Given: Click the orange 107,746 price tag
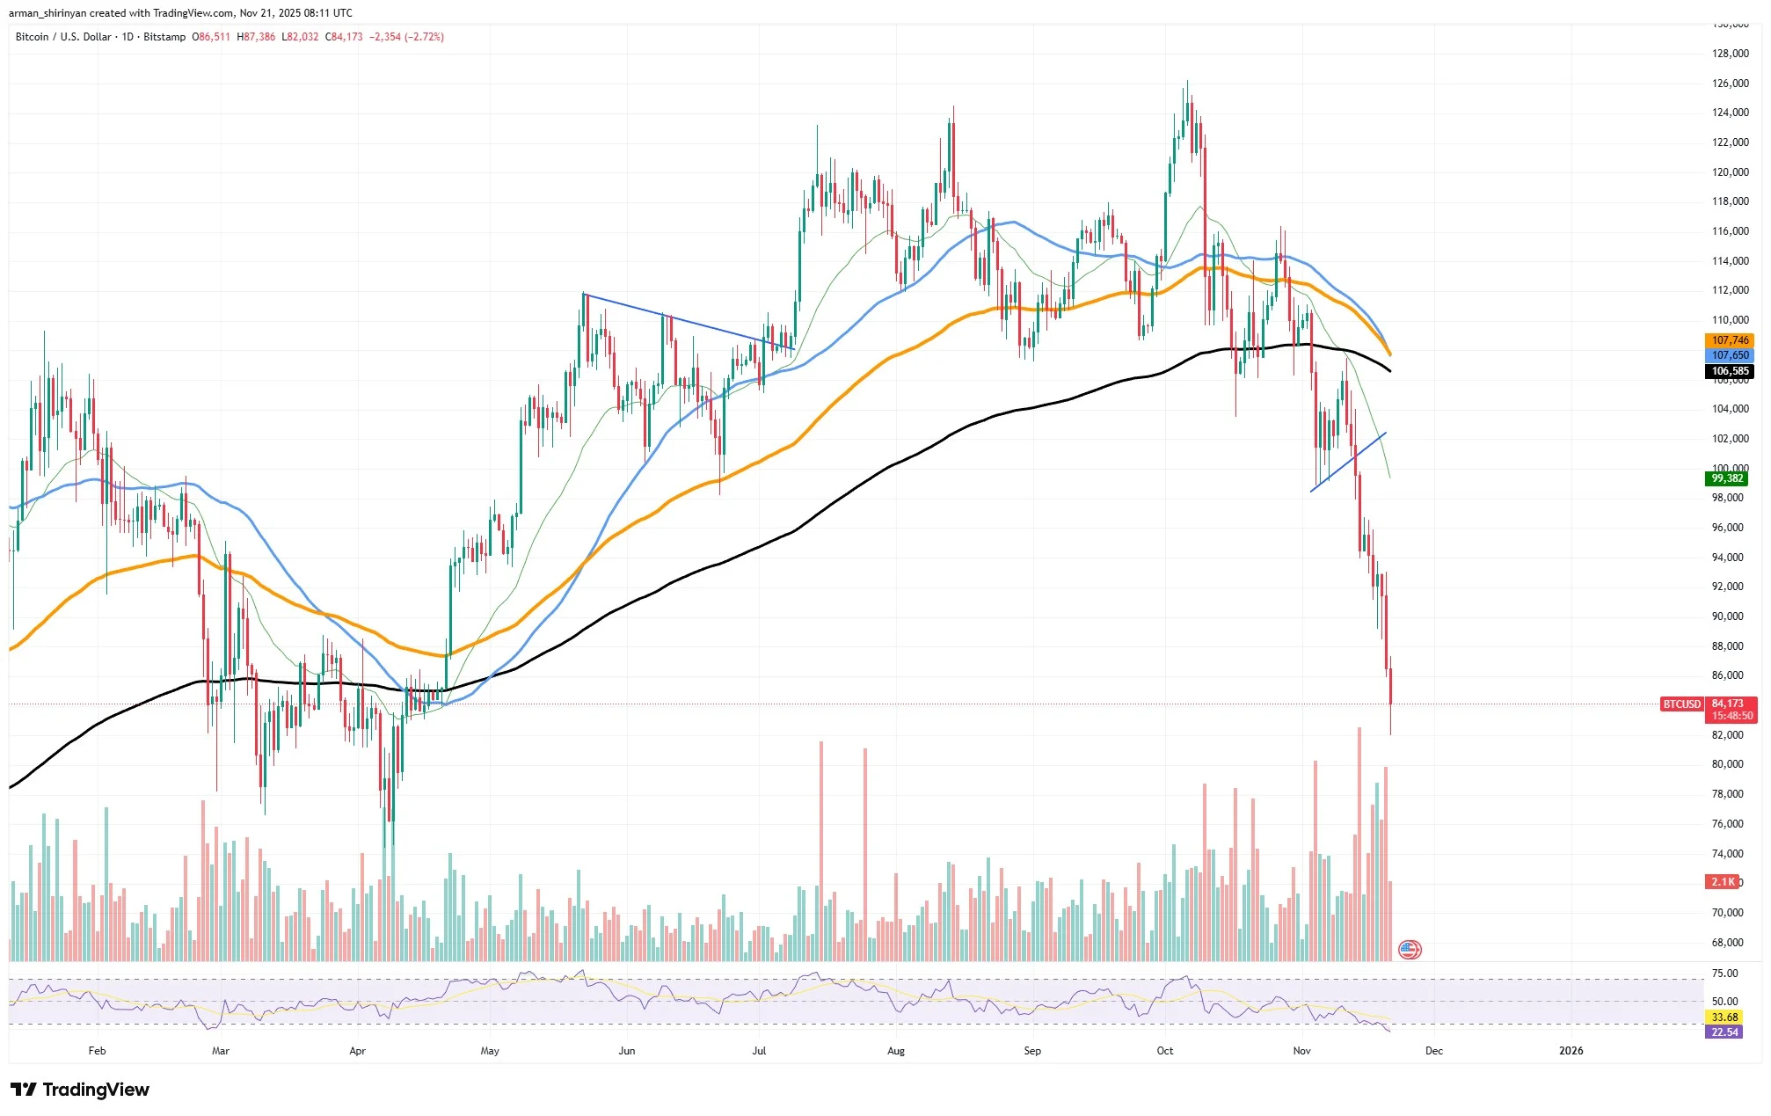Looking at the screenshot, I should (1730, 340).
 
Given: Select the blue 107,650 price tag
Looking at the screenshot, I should (1730, 355).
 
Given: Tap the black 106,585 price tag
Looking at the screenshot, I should (1730, 371).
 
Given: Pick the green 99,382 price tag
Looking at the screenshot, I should (1727, 478).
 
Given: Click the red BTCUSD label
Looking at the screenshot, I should (1681, 704).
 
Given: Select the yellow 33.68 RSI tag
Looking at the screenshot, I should (1724, 1018).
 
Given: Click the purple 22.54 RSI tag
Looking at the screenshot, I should (1724, 1032).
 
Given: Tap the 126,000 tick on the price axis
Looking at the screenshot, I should (1730, 84).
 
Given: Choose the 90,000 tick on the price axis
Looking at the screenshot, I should (1727, 616).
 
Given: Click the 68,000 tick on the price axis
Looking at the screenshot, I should (1727, 943).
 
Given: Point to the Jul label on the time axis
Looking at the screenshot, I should (759, 1051).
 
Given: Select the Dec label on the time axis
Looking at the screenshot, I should (1433, 1051).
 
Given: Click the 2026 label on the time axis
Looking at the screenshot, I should (1571, 1051).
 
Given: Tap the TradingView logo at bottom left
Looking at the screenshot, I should (80, 1090).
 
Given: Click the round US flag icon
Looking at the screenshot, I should (1410, 950).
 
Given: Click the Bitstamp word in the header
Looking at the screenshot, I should (164, 37).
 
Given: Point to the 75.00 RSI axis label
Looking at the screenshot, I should (1724, 974).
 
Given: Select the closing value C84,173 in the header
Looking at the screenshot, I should (344, 37).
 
